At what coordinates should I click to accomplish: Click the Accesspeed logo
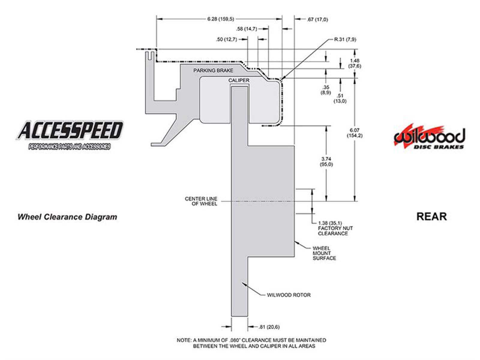[x=70, y=134]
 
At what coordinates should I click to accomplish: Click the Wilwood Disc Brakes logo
[x=429, y=137]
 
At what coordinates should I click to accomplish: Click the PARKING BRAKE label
[x=213, y=70]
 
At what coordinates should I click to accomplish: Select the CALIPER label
[x=239, y=80]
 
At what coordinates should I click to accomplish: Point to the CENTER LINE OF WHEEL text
[x=201, y=201]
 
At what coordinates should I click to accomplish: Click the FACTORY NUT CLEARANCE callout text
[x=335, y=228]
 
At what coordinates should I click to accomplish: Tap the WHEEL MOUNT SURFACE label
[x=324, y=253]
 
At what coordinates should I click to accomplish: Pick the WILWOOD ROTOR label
[x=289, y=295]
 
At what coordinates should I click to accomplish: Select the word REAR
[x=431, y=217]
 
